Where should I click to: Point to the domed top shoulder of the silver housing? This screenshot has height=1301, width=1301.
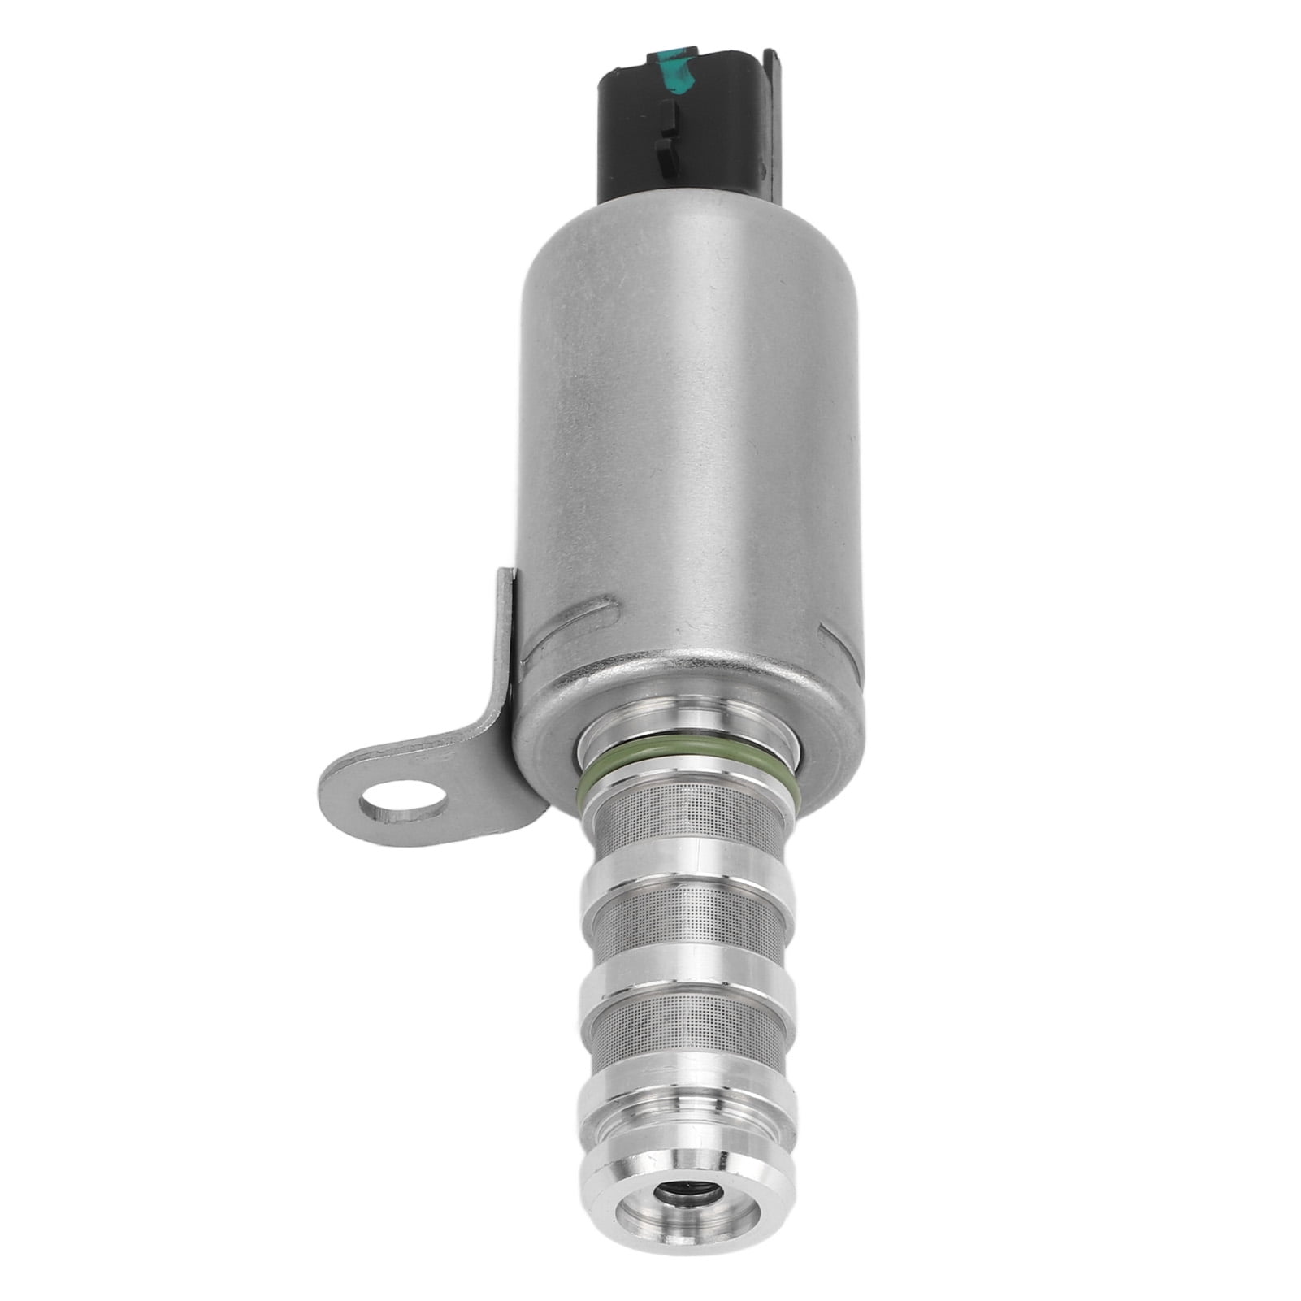691,211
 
